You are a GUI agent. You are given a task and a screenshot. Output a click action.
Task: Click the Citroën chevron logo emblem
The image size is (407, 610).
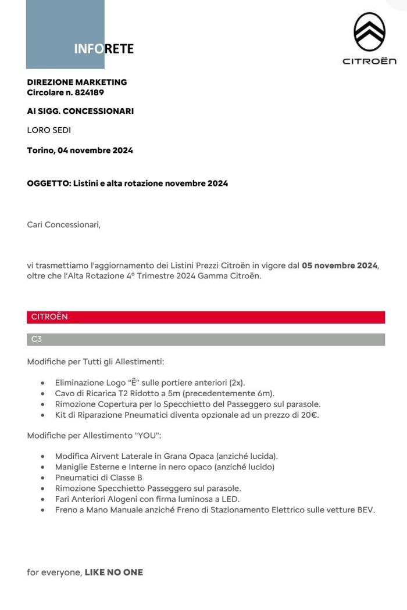370,31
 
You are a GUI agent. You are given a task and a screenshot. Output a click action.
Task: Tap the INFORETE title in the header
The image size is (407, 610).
104,49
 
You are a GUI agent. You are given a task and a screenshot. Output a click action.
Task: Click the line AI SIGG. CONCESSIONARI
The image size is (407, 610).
80,111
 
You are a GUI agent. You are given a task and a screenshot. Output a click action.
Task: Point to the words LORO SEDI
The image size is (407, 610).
49,130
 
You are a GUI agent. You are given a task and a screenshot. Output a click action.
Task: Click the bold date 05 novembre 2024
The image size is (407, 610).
340,266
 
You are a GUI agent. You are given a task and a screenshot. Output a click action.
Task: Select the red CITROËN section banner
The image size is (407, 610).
206,317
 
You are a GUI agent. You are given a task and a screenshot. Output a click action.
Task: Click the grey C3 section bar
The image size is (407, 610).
206,339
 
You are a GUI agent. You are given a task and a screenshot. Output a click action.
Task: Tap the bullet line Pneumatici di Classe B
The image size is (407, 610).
98,478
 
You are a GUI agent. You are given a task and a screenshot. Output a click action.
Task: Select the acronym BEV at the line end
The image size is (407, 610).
366,509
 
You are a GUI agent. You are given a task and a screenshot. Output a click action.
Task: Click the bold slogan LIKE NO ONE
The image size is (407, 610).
113,572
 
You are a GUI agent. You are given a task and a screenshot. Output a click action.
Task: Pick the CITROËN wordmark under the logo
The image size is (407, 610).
369,61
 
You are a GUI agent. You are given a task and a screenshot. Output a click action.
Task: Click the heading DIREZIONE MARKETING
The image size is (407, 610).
77,82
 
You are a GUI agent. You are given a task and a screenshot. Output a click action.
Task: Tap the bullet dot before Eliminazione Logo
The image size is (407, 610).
44,383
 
